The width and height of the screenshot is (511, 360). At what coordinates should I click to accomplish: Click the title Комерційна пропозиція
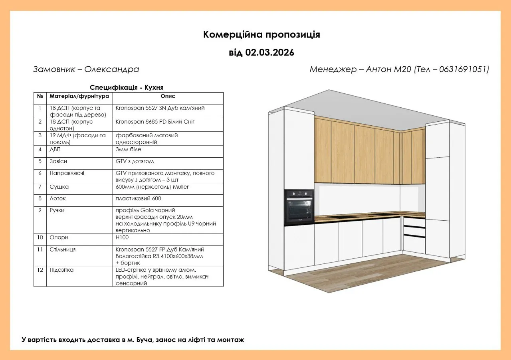click(261, 35)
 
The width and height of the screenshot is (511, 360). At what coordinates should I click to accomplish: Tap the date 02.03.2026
click(269, 53)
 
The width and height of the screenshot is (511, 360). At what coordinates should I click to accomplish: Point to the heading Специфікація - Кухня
click(127, 87)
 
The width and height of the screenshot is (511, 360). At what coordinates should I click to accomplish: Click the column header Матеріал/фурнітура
click(79, 96)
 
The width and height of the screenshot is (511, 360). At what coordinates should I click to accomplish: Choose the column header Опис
click(168, 96)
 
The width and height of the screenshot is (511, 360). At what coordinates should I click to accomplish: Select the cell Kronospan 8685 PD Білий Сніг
click(155, 122)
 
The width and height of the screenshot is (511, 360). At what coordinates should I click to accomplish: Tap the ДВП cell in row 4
click(55, 150)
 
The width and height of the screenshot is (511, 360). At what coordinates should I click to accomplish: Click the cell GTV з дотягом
click(135, 161)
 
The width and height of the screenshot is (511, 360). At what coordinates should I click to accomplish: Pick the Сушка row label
click(59, 187)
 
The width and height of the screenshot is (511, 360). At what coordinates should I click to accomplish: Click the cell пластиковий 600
click(138, 198)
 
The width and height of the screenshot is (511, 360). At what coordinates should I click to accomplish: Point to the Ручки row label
click(57, 210)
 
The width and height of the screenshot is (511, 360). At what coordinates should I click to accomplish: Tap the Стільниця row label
click(63, 249)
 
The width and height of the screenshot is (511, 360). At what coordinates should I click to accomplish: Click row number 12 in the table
click(40, 270)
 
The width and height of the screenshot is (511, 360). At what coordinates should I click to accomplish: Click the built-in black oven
click(299, 207)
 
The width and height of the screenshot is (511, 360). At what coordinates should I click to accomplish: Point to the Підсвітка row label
click(61, 270)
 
